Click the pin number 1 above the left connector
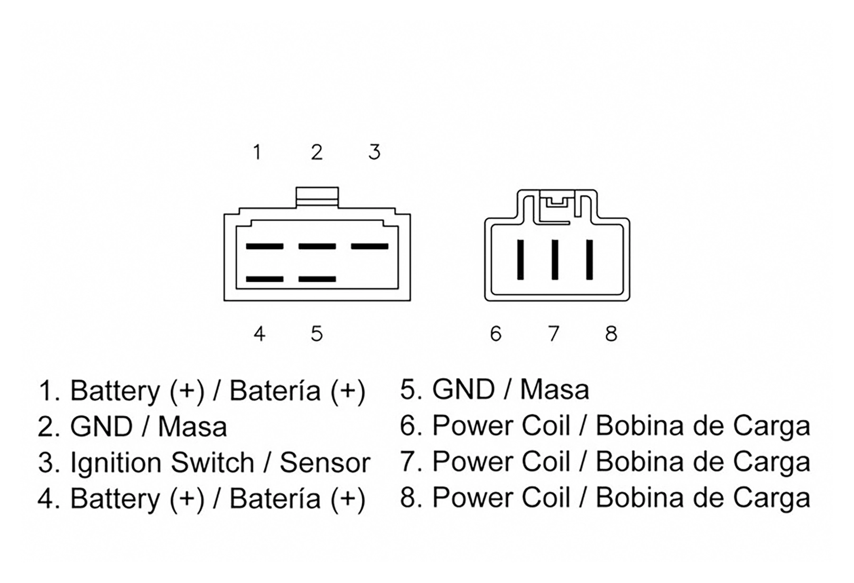257,152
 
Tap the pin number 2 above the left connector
317,152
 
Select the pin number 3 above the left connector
374,152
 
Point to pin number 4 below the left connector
259,334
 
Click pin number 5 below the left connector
317,334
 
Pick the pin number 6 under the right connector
496,334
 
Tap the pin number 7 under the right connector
554,334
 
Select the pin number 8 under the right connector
611,334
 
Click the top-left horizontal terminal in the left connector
265,246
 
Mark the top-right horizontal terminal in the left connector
370,246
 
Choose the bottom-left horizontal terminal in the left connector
265,279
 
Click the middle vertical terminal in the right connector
555,260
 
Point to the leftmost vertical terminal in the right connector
520,260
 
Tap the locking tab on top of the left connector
317,197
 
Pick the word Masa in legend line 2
192,426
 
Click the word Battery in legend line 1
115,392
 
